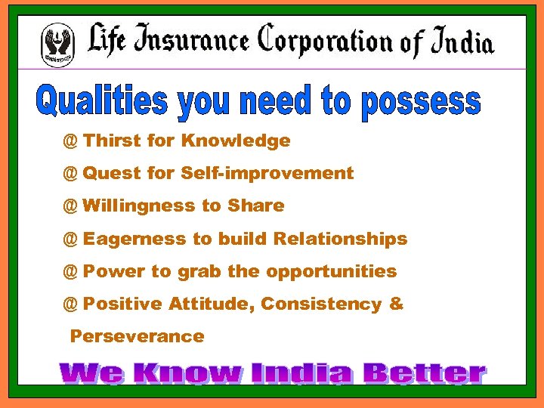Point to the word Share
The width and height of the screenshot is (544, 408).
256,206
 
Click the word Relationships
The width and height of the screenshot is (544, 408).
340,239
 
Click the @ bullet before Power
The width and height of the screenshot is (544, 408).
70,271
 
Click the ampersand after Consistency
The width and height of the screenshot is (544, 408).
397,304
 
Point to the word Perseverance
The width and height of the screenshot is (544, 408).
137,336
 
